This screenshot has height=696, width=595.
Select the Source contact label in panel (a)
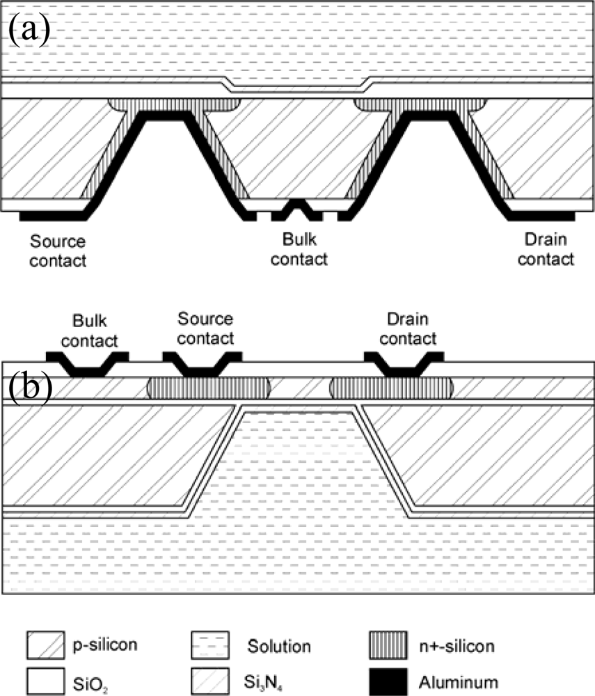click(58, 251)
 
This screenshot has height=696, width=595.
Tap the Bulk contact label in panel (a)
click(299, 250)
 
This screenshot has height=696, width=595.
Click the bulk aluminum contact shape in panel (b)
click(88, 363)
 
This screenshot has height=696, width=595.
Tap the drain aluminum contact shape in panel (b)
click(404, 363)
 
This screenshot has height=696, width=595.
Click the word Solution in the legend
click(278, 647)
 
